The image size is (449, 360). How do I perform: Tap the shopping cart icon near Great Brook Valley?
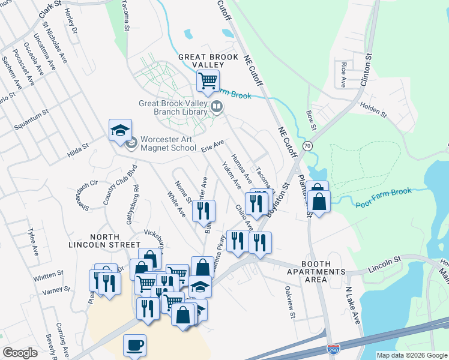tap(208, 80)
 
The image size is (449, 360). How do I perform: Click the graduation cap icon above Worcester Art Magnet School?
tap(120, 130)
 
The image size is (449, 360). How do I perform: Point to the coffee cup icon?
tap(135, 346)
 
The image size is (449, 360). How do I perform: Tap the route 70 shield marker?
tap(308, 145)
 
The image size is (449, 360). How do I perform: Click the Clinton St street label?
tap(366, 69)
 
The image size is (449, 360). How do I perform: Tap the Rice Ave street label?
tap(343, 73)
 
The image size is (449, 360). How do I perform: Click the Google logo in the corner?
tap(20, 353)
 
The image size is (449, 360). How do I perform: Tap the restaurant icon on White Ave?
tap(203, 211)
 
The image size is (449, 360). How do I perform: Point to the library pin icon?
tap(217, 107)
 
